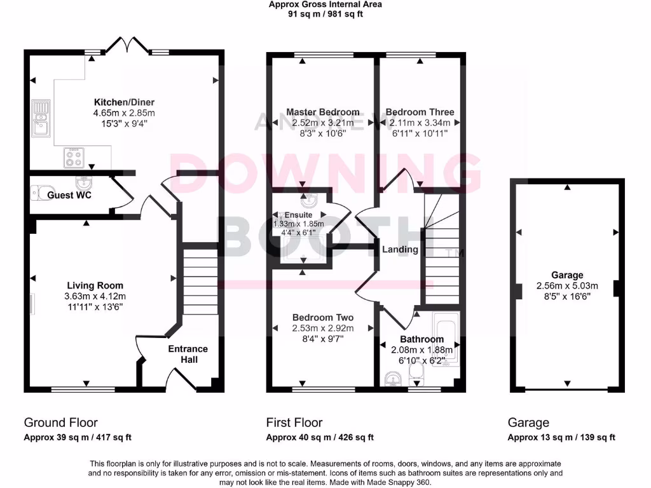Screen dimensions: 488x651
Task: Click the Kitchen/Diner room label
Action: [124, 102]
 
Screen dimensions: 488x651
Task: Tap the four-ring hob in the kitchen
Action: [73, 157]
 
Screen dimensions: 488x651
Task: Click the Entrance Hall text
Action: [188, 354]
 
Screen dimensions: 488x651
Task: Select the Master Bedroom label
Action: [322, 112]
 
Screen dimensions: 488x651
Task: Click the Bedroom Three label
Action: [420, 112]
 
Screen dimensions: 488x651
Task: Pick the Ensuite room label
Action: [298, 215]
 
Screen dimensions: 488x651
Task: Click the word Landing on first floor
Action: [400, 249]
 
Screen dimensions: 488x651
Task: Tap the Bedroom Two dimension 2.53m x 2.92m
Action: [322, 328]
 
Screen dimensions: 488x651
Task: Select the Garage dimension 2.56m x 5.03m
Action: [567, 285]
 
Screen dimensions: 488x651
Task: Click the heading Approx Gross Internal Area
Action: [325, 4]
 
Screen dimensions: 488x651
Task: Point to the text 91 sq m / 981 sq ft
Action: [325, 14]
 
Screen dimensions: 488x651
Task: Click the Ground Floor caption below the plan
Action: [60, 423]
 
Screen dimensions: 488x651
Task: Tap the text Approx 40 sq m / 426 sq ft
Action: [320, 437]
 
